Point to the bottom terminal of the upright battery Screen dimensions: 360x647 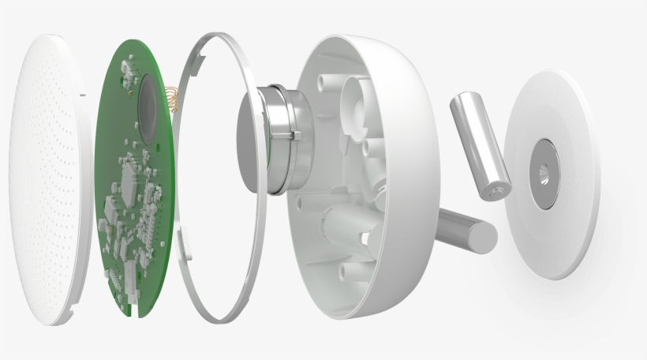click(x=498, y=190)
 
